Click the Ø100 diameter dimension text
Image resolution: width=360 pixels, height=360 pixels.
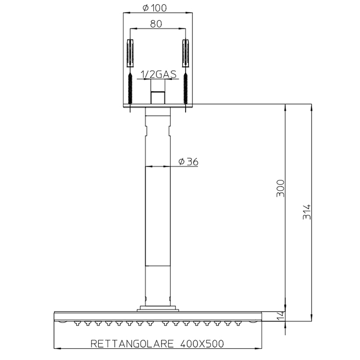[x=158, y=8]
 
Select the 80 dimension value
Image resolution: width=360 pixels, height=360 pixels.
[x=158, y=24]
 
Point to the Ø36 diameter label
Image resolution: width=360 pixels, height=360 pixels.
[x=188, y=161]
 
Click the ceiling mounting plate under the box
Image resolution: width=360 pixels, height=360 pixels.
[x=158, y=106]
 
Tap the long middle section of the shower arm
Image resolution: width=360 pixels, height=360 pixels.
[x=158, y=216]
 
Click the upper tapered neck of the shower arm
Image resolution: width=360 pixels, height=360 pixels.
[x=158, y=126]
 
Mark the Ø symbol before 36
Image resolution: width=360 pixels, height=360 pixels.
[x=182, y=161]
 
